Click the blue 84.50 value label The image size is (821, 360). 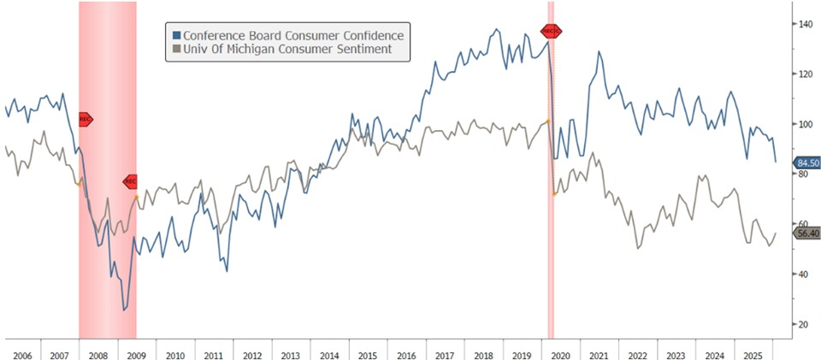tap(807, 162)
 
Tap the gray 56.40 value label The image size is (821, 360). tap(807, 233)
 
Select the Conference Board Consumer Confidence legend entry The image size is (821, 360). tap(287, 35)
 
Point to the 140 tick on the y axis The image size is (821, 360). tap(802, 24)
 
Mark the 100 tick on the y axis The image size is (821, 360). tap(802, 124)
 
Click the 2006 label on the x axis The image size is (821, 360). tap(21, 352)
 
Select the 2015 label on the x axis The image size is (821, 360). tap(368, 352)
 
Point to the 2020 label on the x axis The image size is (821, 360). tap(561, 352)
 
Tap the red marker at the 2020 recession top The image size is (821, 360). tap(552, 32)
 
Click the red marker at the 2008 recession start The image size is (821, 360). tap(84, 120)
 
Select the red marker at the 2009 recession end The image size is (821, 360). tap(130, 181)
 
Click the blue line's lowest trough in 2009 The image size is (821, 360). tap(124, 310)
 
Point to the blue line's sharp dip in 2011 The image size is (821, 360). tap(227, 271)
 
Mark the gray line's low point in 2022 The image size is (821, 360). tap(638, 248)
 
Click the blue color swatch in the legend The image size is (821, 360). tap(176, 35)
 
